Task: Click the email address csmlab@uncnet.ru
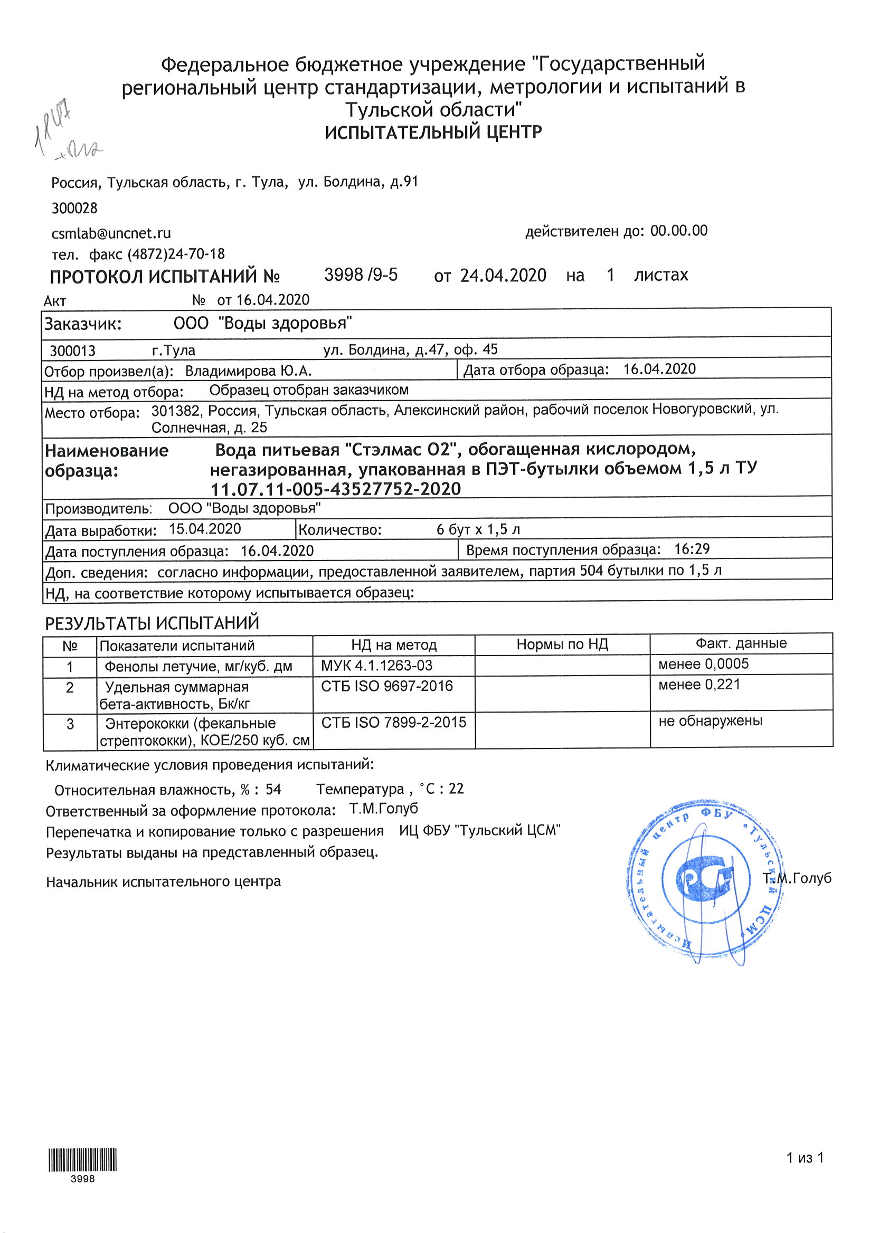[111, 234]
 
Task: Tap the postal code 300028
[74, 208]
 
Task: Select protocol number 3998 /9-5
[361, 275]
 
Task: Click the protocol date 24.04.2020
[503, 276]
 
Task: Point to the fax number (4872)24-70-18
[176, 254]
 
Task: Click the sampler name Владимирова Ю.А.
[248, 371]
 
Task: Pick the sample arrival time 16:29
[692, 549]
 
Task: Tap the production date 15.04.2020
[205, 529]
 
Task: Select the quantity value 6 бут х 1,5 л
[478, 529]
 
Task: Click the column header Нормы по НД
[562, 644]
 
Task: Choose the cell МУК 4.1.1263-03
[376, 666]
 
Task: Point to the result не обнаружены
[710, 720]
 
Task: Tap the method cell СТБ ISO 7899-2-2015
[394, 722]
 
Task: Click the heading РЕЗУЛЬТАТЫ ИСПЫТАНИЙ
[152, 623]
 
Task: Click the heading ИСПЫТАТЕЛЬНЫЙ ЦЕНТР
[433, 132]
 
